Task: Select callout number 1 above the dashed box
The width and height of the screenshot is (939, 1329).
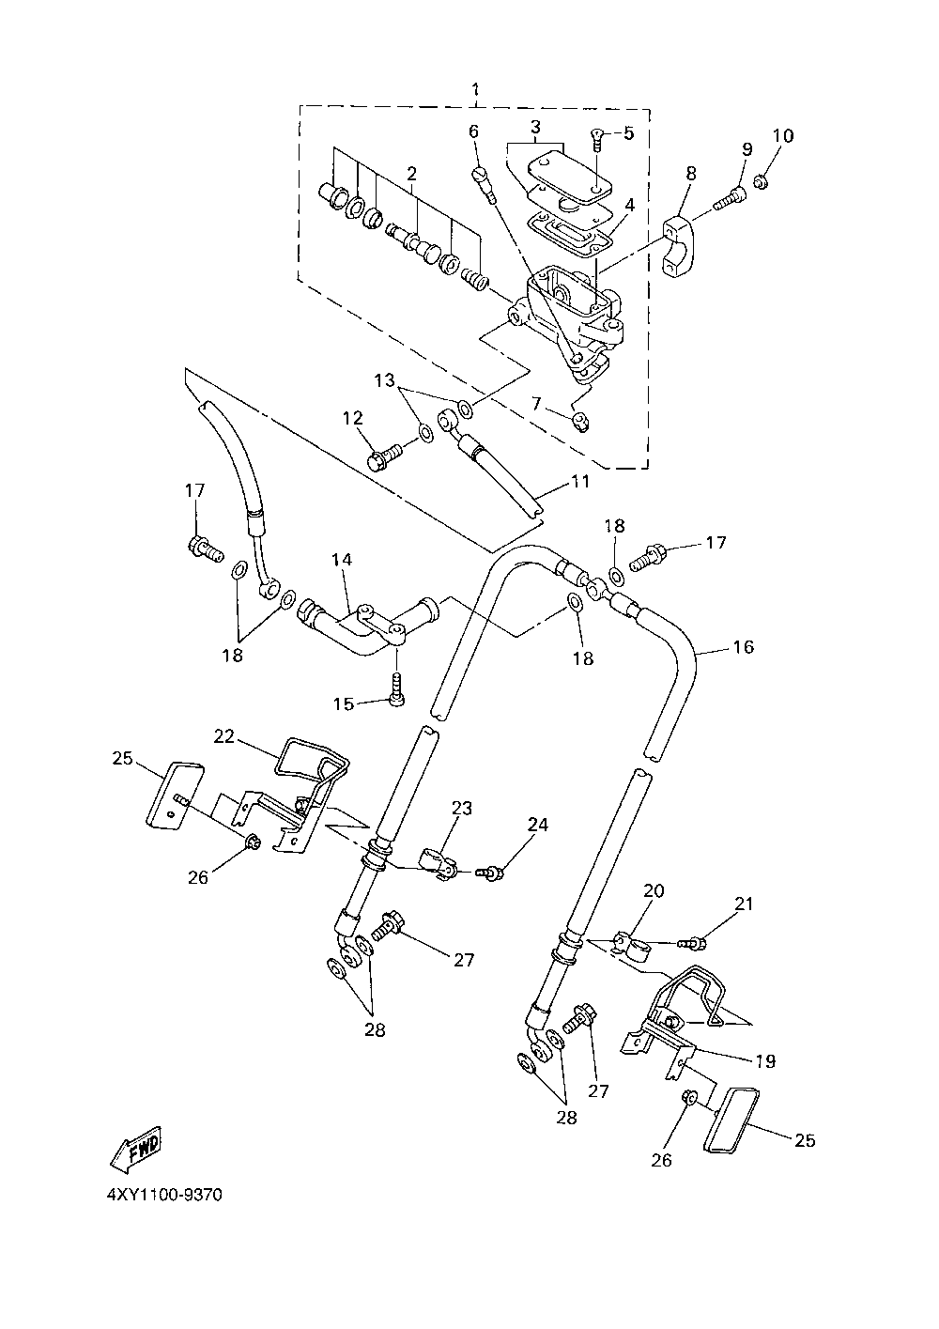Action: coord(475,90)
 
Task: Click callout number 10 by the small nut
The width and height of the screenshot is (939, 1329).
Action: coord(783,136)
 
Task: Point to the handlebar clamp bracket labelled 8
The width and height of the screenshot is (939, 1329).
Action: coord(679,247)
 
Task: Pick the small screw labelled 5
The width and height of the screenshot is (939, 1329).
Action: coord(598,141)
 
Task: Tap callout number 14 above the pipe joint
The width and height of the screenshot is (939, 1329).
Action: coord(342,559)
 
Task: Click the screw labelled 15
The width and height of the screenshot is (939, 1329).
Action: coord(397,688)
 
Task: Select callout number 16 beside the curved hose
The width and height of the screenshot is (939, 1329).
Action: coord(744,647)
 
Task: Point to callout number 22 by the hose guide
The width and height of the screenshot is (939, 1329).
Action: coord(224,736)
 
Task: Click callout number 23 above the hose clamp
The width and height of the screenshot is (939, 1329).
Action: coord(461,808)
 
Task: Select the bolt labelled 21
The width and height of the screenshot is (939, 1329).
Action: coord(691,942)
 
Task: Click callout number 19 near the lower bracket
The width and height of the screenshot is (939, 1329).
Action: coord(766,1060)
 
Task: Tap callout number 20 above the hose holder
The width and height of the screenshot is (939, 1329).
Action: coord(654,907)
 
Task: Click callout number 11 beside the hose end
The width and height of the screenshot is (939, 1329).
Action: coord(579,481)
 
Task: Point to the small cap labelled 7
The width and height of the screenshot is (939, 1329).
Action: coord(580,424)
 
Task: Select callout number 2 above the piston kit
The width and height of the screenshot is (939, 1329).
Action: coord(411,174)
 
